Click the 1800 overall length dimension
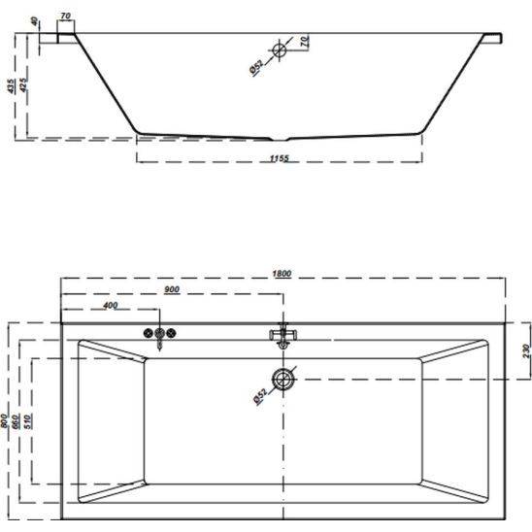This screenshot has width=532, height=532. pos(282,273)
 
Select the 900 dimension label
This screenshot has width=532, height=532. pos(172,289)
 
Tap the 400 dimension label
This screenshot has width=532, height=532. pos(111,306)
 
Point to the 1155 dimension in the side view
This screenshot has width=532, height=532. pos(280,158)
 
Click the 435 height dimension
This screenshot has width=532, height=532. pos(12,85)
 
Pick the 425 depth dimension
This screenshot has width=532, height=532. pos(23,84)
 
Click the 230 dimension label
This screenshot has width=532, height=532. pos(526,350)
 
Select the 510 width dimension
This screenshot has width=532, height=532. pos(28,421)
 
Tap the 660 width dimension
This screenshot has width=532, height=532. pos(16,421)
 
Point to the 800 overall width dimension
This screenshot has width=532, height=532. pos(4,421)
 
